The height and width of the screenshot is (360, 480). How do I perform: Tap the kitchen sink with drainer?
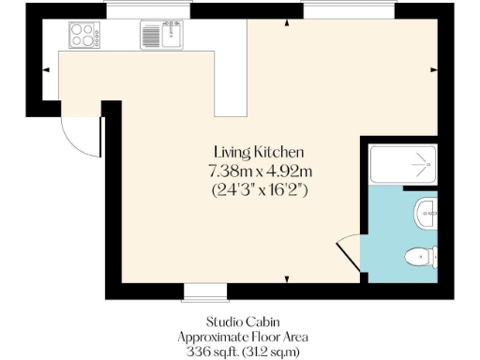click(x=162, y=37)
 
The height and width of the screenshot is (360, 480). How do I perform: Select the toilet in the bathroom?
click(x=419, y=256)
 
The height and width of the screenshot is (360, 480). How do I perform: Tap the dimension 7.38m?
click(x=232, y=171)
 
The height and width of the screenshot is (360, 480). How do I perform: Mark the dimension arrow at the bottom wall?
click(x=286, y=278)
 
